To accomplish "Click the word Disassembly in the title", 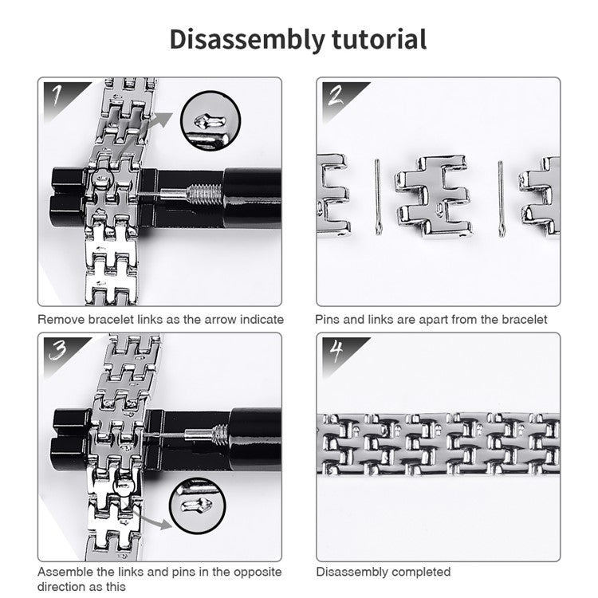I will [x=240, y=39].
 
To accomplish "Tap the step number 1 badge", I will [x=57, y=95].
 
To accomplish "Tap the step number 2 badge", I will [x=335, y=95].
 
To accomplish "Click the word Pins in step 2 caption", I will [x=329, y=319].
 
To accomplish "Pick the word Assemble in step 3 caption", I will [x=65, y=572].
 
